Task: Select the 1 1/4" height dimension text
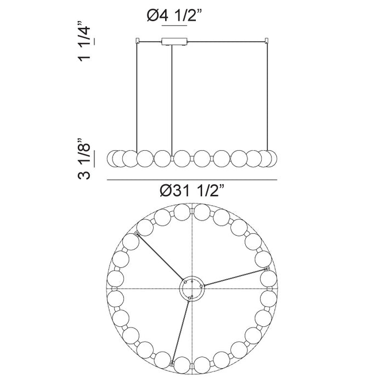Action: [x=84, y=41]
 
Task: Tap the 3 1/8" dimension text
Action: [x=84, y=159]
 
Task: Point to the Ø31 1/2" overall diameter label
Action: [x=192, y=190]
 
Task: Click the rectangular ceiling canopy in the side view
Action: [x=174, y=41]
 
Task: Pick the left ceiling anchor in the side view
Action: [x=137, y=41]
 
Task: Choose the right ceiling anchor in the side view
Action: [x=267, y=41]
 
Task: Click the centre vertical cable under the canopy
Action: [x=172, y=100]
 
